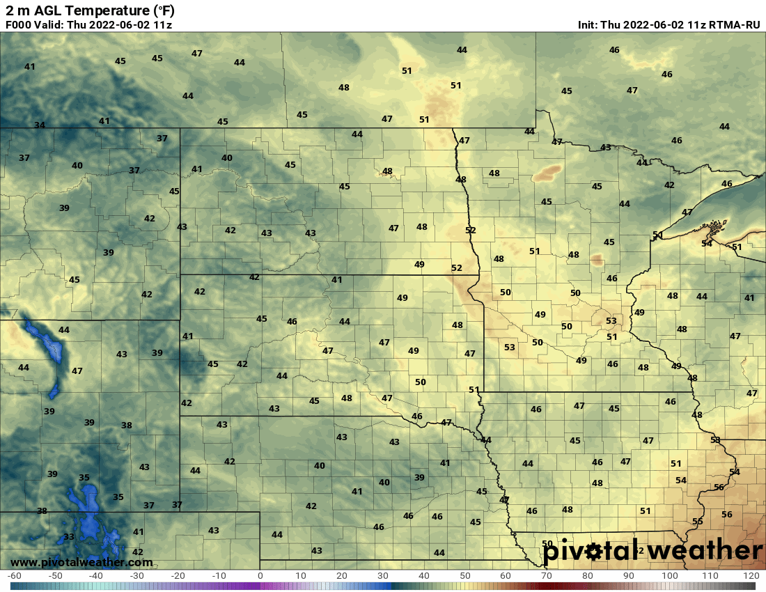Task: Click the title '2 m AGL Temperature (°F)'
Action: coord(90,10)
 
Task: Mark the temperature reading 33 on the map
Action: coord(69,537)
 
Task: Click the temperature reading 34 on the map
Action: coord(40,125)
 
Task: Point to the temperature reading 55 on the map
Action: coord(697,522)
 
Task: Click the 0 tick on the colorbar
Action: coord(260,576)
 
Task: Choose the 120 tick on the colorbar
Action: coord(751,576)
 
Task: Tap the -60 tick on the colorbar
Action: coord(14,576)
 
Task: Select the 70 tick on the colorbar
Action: coord(547,576)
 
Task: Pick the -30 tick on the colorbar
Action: coord(137,576)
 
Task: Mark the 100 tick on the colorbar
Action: coord(669,576)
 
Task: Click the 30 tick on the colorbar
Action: coord(383,576)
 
